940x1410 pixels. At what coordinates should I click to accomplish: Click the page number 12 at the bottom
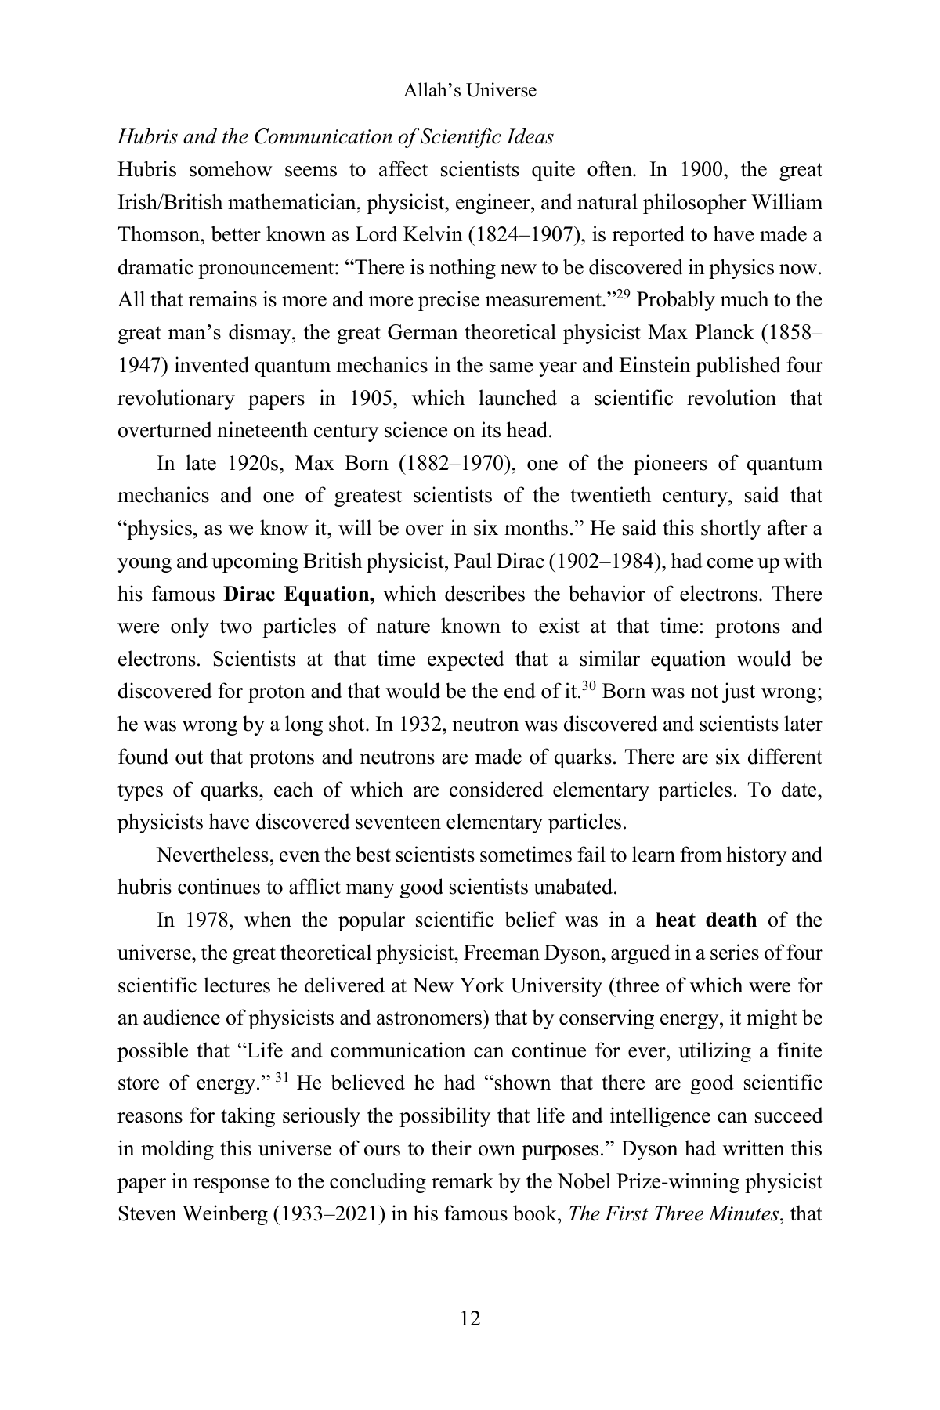(x=470, y=1318)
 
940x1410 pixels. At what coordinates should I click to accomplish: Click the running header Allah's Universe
(x=470, y=90)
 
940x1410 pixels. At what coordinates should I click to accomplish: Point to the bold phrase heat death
(x=707, y=920)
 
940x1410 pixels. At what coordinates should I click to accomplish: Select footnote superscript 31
(x=283, y=1078)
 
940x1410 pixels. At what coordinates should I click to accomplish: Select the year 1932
(x=421, y=724)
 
